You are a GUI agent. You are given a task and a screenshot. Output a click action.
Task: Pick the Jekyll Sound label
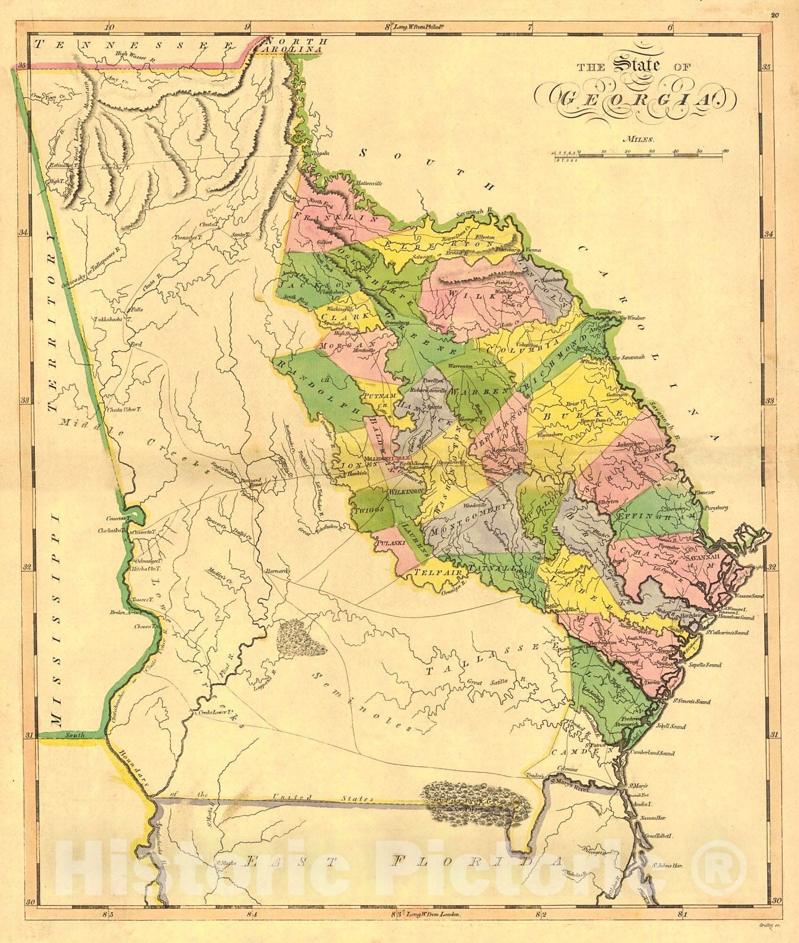click(x=669, y=726)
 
